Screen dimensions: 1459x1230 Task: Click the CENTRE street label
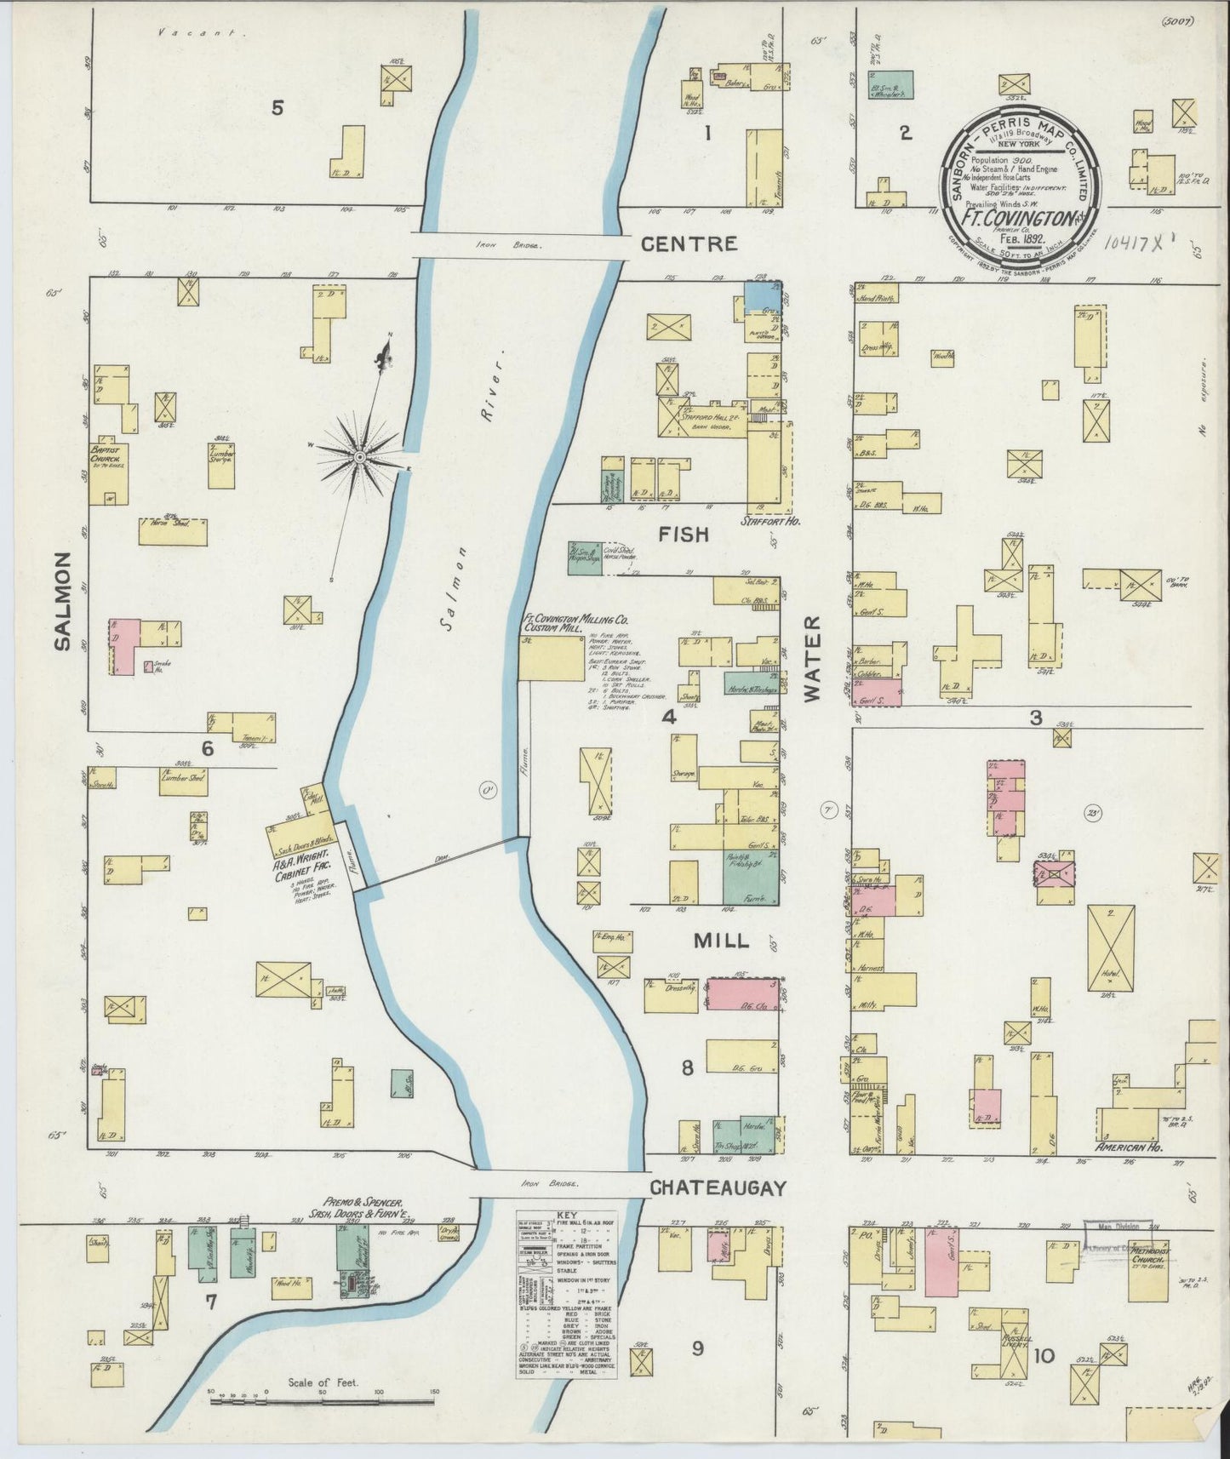(688, 244)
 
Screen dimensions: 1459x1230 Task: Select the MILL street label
(721, 941)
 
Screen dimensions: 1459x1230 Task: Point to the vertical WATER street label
(814, 659)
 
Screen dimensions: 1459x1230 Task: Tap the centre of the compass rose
(361, 458)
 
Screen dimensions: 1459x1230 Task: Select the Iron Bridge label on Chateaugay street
(550, 1184)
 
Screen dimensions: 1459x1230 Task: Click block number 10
(1044, 1354)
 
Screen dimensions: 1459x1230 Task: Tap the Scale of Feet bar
(323, 1395)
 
